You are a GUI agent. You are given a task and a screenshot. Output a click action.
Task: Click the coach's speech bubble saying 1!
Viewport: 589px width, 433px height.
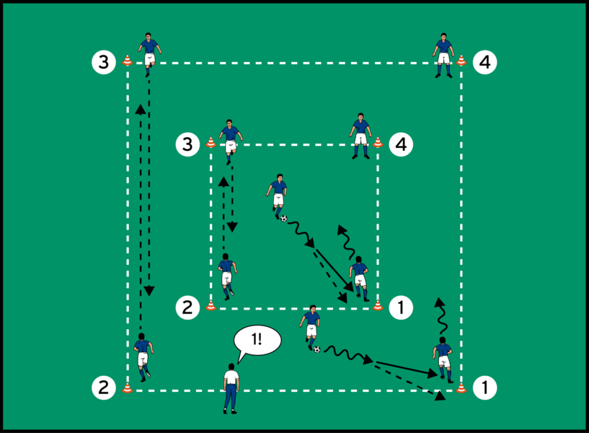pyautogui.click(x=258, y=340)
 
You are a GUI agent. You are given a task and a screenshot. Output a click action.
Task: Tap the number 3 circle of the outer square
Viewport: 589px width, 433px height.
pyautogui.click(x=105, y=63)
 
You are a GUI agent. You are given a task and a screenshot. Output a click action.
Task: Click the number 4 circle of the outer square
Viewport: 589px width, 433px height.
pyautogui.click(x=484, y=63)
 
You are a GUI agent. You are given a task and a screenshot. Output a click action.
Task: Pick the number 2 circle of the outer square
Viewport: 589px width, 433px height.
pyautogui.click(x=105, y=388)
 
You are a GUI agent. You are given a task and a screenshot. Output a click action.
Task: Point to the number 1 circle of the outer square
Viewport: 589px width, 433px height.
pyautogui.click(x=484, y=388)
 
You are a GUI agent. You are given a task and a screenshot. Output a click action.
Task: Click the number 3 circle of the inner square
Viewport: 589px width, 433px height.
pyautogui.click(x=187, y=144)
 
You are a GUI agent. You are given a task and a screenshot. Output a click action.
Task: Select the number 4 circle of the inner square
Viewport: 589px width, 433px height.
pyautogui.click(x=401, y=144)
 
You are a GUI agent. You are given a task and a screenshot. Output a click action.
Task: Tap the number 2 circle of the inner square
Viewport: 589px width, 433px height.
pyautogui.click(x=187, y=307)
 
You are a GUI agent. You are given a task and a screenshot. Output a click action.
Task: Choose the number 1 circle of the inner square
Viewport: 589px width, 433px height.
pyautogui.click(x=401, y=307)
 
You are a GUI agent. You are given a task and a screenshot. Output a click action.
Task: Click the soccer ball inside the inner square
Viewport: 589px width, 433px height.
pyautogui.click(x=283, y=218)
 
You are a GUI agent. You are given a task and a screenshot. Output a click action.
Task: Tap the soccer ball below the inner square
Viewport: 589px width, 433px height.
pyautogui.click(x=316, y=349)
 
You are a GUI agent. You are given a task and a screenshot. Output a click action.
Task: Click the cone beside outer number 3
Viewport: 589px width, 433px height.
pyautogui.click(x=128, y=61)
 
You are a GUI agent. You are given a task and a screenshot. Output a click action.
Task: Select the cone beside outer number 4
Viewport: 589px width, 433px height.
pyautogui.click(x=461, y=61)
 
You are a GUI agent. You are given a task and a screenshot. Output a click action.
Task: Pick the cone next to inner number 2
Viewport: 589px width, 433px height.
pyautogui.click(x=211, y=305)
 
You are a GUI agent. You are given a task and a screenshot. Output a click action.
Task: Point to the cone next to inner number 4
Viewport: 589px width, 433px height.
pyautogui.click(x=377, y=142)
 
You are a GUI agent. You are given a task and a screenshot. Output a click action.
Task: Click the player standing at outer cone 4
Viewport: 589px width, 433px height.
pyautogui.click(x=443, y=53)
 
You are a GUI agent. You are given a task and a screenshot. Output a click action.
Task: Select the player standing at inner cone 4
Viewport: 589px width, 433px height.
pyautogui.click(x=360, y=135)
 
